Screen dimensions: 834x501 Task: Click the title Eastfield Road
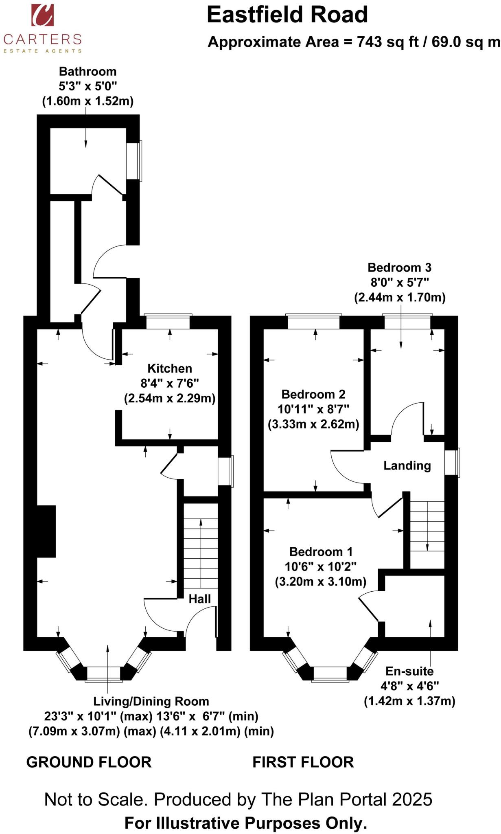pyautogui.click(x=287, y=15)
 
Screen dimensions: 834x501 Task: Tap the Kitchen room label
pyautogui.click(x=169, y=369)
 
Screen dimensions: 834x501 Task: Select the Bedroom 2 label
pyautogui.click(x=313, y=394)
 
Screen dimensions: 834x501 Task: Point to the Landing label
pyautogui.click(x=407, y=465)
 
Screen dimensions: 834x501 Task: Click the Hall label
pyautogui.click(x=200, y=599)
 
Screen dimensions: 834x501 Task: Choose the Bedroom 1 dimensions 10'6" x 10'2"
pyautogui.click(x=320, y=566)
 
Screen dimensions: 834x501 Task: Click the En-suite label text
pyautogui.click(x=409, y=671)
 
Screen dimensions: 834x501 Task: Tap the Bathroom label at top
pyautogui.click(x=88, y=72)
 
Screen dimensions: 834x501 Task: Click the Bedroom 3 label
pyautogui.click(x=399, y=268)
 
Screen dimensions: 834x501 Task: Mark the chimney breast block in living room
pyautogui.click(x=46, y=531)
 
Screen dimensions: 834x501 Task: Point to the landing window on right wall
pyautogui.click(x=451, y=462)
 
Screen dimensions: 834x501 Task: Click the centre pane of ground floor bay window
pyautogui.click(x=104, y=673)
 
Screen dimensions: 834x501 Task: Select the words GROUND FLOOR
pyautogui.click(x=89, y=762)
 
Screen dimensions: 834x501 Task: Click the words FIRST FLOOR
pyautogui.click(x=303, y=762)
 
